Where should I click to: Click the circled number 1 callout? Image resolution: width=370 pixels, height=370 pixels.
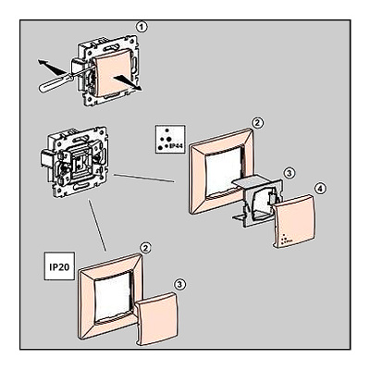tap(142, 27)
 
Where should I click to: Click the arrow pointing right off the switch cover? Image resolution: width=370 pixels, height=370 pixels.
tap(128, 83)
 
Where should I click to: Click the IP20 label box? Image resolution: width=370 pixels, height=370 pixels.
tap(59, 266)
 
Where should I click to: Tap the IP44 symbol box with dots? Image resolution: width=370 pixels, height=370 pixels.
tap(170, 139)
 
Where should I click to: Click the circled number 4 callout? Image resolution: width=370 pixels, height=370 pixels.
tap(320, 189)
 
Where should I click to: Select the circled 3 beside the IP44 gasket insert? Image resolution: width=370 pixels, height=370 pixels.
tap(289, 173)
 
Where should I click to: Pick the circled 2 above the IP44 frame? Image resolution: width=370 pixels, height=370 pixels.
tap(257, 123)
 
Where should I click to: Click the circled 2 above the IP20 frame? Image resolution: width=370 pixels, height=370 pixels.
tap(145, 248)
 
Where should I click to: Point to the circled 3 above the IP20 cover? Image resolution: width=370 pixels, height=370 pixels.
tap(180, 284)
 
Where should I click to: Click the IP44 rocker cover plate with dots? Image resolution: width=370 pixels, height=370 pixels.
tap(294, 221)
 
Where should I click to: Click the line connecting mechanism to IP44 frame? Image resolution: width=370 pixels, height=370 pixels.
tap(144, 179)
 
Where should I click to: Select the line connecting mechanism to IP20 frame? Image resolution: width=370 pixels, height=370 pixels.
tap(97, 226)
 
